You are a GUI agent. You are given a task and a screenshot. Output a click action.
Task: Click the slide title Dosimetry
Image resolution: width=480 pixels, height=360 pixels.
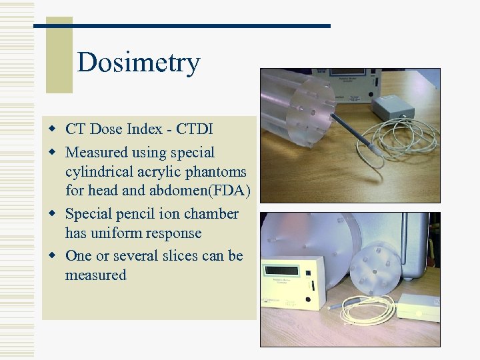tap(138, 63)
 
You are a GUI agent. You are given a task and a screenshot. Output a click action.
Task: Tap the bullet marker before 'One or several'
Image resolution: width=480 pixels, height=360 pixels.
tap(51, 256)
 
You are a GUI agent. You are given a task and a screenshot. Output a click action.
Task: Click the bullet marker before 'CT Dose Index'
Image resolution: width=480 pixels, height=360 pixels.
tap(51, 129)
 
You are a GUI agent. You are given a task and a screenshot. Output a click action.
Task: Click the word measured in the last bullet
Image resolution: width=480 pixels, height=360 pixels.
tap(96, 275)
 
